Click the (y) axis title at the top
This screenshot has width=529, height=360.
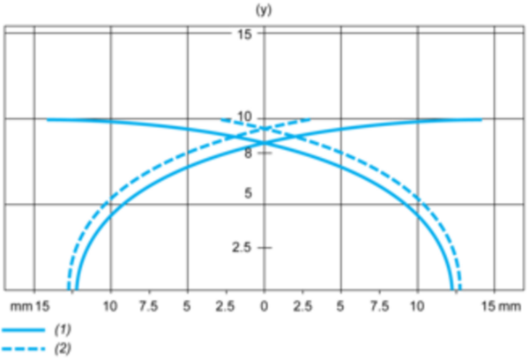point(264,11)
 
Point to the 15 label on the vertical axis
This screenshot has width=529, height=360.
point(244,34)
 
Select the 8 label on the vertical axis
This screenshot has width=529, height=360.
point(248,154)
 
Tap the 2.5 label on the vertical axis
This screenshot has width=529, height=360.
point(242,248)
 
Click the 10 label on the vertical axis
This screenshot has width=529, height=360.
point(244,116)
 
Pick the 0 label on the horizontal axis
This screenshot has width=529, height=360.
point(264,306)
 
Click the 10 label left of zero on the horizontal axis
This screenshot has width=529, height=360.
point(110,306)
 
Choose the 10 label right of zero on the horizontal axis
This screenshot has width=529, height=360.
point(417,306)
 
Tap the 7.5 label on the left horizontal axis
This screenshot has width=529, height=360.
point(149,306)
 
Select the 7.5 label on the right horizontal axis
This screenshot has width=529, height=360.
point(379,306)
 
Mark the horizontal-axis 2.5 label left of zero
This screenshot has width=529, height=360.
point(225,306)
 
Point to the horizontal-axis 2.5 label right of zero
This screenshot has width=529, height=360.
point(302,306)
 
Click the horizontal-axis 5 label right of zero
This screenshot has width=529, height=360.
point(340,306)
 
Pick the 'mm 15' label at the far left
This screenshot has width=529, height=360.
point(30,307)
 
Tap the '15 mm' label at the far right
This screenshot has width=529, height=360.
point(501,307)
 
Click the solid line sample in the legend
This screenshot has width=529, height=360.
point(23,330)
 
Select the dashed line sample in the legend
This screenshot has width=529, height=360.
point(23,349)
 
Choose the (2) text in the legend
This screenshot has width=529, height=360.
point(63,349)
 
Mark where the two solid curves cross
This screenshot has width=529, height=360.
point(264,143)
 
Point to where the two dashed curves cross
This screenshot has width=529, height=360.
point(264,128)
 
